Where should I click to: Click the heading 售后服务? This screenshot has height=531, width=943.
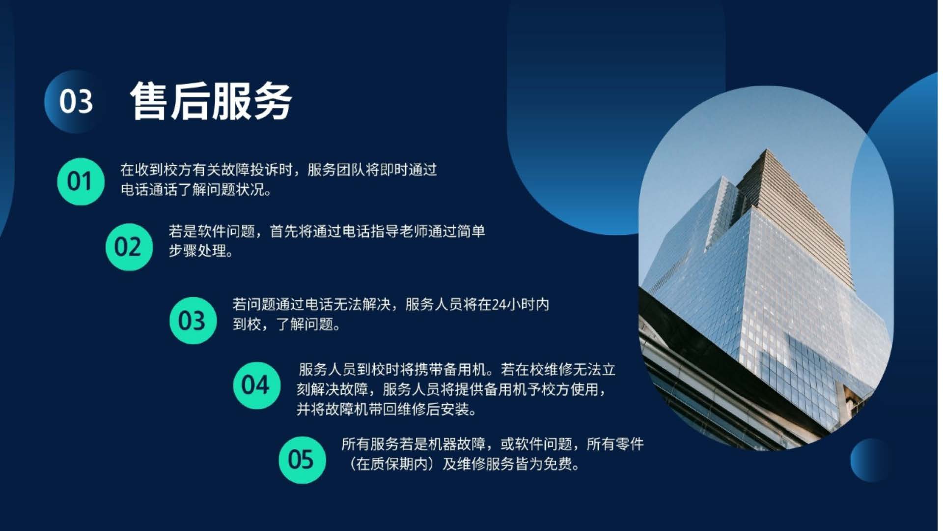[211, 101]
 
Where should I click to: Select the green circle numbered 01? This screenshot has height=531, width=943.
[81, 181]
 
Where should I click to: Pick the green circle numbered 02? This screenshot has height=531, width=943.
[129, 247]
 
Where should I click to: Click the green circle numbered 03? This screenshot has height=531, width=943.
[193, 321]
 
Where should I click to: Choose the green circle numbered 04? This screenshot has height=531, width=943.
[256, 385]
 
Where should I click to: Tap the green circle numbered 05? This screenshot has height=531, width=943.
[302, 460]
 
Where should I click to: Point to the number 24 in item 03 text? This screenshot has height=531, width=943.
[499, 305]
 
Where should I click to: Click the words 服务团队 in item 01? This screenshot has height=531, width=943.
[336, 170]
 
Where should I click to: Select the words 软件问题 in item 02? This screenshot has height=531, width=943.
[226, 231]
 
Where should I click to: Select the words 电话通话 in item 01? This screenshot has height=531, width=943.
[149, 190]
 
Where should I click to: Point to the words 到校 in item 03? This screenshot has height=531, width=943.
[247, 324]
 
